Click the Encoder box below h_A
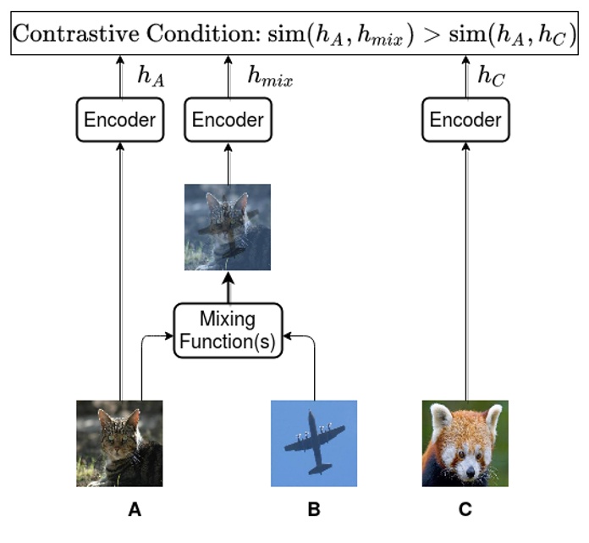point(118,119)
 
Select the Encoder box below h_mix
point(228,119)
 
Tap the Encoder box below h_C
point(465,119)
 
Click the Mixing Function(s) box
point(228,331)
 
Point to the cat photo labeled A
point(118,443)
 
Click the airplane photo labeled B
point(313,443)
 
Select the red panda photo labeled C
point(465,443)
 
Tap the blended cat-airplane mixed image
point(228,227)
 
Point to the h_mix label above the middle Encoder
point(269,77)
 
